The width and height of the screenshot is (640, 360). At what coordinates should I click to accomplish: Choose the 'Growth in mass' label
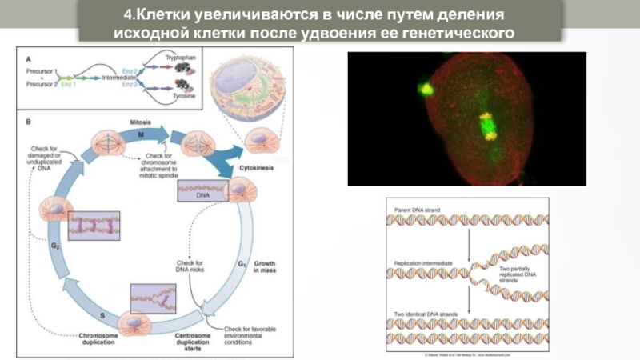265,266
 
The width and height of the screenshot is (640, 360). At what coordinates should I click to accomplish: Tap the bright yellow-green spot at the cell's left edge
426,88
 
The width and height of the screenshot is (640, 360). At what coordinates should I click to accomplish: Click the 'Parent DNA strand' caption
418,210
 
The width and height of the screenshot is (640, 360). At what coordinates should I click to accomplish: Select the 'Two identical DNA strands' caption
426,314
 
